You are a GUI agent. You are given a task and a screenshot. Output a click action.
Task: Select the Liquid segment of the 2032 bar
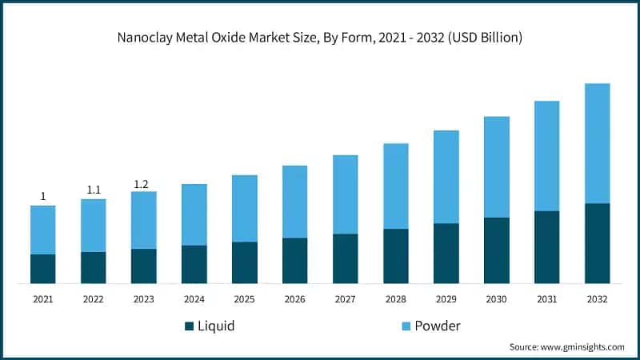(597, 243)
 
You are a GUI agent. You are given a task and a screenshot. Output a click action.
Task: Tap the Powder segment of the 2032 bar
(597, 143)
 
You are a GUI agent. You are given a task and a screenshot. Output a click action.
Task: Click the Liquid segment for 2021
(43, 269)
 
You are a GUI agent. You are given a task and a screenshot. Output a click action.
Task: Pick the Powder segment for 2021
(43, 230)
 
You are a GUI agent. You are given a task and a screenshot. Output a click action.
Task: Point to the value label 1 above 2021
(43, 197)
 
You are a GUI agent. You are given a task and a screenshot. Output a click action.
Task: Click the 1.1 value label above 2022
(94, 190)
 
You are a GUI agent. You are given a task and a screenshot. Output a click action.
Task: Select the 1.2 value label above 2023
(141, 184)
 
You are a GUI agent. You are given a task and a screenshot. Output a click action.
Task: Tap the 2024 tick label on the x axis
(194, 298)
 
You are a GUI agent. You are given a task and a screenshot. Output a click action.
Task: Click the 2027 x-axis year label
(345, 298)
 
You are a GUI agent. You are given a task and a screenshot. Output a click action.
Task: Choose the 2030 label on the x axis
(496, 298)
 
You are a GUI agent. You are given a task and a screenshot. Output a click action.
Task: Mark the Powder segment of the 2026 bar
(294, 202)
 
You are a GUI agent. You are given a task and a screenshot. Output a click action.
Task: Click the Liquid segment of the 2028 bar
(395, 256)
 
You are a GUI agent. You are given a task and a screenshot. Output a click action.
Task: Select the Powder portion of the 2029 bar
(446, 177)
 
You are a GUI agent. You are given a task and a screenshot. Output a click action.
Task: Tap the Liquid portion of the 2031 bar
(546, 247)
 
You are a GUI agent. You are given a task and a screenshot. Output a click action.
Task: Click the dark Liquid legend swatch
(190, 326)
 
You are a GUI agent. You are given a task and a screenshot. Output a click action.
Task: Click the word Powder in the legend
(438, 326)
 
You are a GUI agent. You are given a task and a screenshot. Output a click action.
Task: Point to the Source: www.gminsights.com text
(566, 347)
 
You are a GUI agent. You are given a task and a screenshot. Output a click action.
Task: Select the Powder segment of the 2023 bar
(144, 220)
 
